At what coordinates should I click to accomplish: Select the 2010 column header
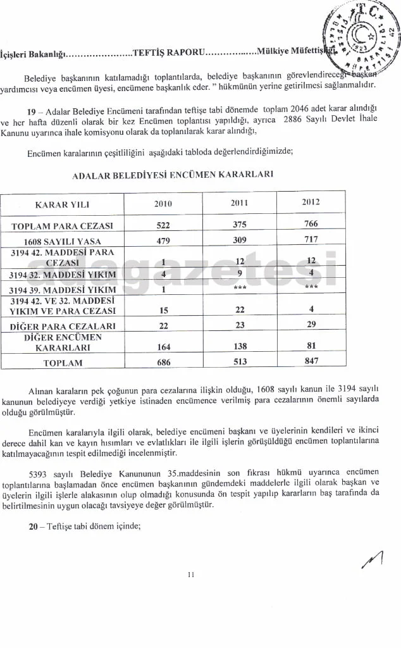pyautogui.click(x=163, y=203)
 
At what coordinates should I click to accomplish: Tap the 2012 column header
pyautogui.click(x=310, y=202)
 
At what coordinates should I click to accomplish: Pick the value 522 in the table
pyautogui.click(x=163, y=225)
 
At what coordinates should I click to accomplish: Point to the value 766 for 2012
pyautogui.click(x=311, y=224)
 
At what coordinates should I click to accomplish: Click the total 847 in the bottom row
pyautogui.click(x=311, y=362)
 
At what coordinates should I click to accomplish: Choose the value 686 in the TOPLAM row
pyautogui.click(x=163, y=363)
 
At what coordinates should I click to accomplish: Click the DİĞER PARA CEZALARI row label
pyautogui.click(x=62, y=326)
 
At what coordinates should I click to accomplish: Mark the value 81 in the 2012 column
pyautogui.click(x=311, y=346)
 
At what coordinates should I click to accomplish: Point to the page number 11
pyautogui.click(x=191, y=575)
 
